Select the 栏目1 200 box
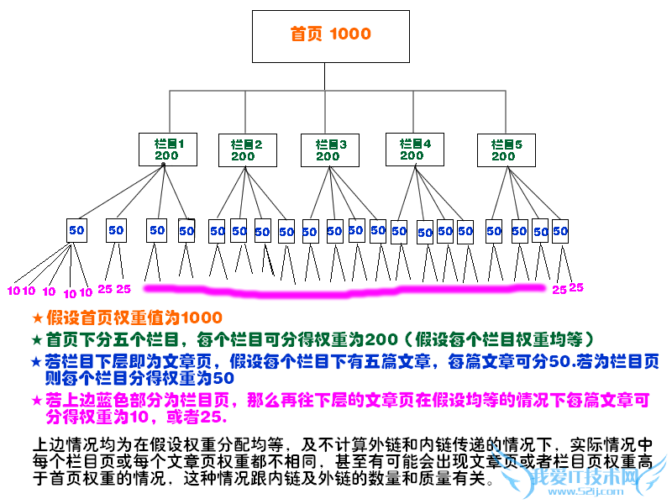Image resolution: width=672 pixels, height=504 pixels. point(168,150)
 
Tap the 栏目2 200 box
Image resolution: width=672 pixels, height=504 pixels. point(246,150)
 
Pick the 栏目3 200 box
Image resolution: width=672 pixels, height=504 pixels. point(329,150)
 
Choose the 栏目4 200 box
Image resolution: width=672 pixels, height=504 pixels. point(413,150)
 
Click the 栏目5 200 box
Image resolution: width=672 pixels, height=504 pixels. point(506,150)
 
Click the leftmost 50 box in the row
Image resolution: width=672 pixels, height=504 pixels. point(76,229)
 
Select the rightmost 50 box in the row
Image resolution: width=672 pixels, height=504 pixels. point(560,229)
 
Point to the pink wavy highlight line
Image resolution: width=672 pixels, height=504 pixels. point(344,291)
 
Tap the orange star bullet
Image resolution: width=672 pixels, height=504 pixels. point(36,318)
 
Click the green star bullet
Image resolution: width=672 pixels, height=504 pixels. point(36,340)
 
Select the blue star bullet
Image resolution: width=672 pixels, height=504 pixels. point(36,362)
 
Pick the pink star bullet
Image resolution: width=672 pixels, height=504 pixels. point(36,398)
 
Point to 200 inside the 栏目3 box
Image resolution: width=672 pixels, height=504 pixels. point(328,156)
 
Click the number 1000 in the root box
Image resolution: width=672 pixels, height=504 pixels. point(350,34)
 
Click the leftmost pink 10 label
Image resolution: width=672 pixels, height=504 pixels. point(13,291)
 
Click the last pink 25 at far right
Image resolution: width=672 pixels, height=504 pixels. point(576,287)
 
